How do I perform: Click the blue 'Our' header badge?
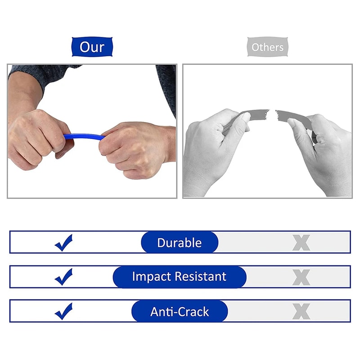[x=92, y=47]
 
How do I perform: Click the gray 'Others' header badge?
[x=267, y=47]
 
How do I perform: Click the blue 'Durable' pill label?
[x=180, y=243]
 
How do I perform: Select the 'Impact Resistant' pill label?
[x=180, y=276]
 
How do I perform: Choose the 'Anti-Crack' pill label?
[x=180, y=311]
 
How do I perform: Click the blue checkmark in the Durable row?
[x=64, y=243]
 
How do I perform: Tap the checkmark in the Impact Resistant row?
[x=64, y=276]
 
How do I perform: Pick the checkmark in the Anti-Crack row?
[x=64, y=311]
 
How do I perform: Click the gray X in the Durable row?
[x=301, y=243]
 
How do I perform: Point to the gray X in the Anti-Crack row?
[x=301, y=311]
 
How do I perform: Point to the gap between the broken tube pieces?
[x=272, y=112]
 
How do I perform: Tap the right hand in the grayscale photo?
[x=322, y=148]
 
